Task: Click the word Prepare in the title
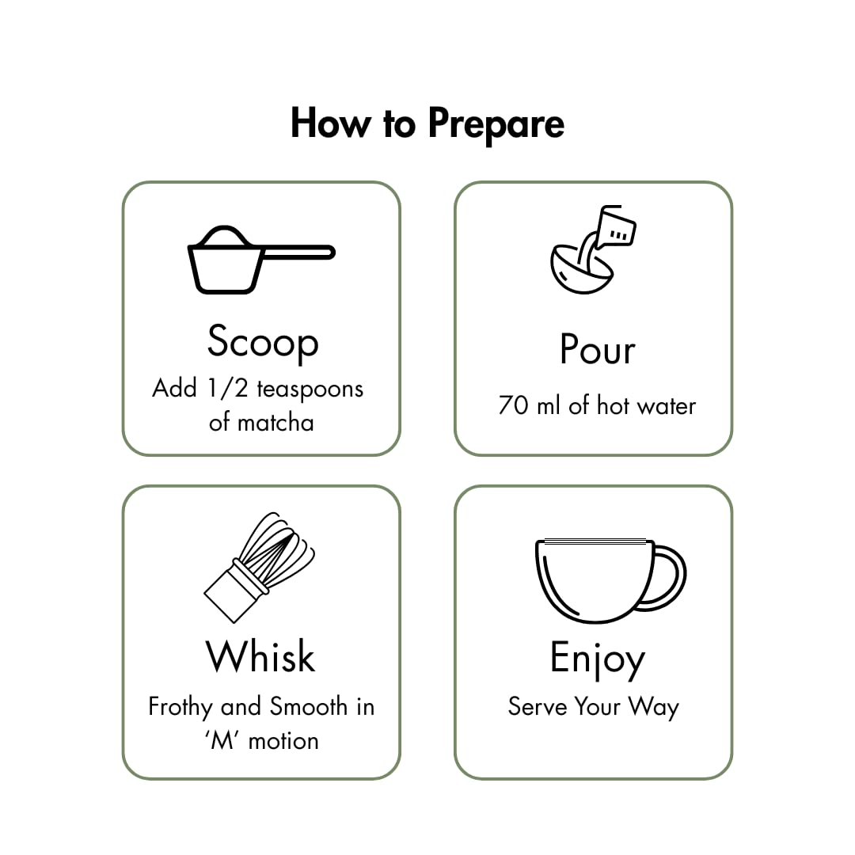(496, 124)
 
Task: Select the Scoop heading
(262, 341)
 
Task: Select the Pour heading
(597, 349)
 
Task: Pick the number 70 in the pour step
(514, 406)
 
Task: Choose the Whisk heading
(260, 657)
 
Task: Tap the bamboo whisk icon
(260, 567)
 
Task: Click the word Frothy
(181, 707)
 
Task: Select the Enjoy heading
(598, 659)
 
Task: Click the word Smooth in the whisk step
(309, 706)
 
